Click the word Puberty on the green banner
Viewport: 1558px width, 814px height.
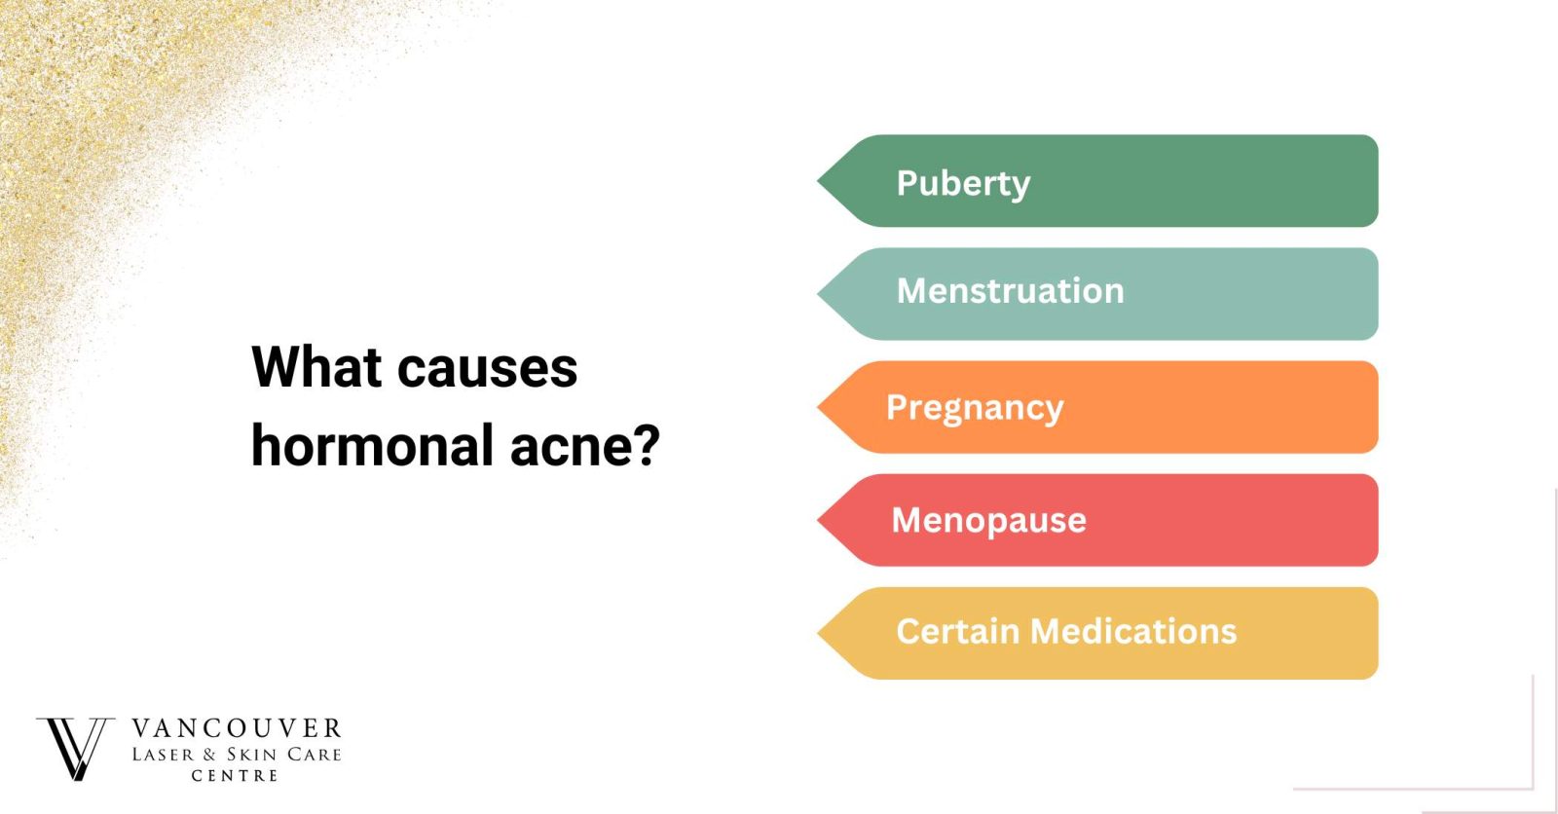962,183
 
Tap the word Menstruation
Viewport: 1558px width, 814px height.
1010,291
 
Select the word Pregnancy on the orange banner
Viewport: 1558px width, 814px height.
974,408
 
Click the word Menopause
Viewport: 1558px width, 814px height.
988,520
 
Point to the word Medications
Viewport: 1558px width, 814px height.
1133,631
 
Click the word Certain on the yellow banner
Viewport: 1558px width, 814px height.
957,631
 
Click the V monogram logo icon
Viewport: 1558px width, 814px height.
75,748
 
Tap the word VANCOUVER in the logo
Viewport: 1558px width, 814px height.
237,728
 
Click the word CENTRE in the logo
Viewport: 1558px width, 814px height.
235,776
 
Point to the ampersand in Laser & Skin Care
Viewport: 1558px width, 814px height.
209,755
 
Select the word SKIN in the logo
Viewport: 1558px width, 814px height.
252,755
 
